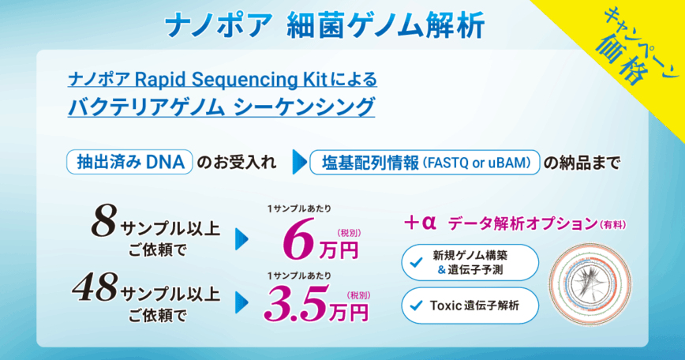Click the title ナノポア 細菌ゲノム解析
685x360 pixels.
pyautogui.click(x=325, y=26)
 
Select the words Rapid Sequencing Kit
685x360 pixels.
pyautogui.click(x=231, y=80)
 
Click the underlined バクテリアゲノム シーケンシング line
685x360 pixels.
pyautogui.click(x=222, y=107)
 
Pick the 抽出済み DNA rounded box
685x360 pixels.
pyautogui.click(x=129, y=162)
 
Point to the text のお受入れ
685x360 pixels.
pyautogui.click(x=237, y=163)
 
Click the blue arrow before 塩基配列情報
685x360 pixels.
pyautogui.click(x=300, y=163)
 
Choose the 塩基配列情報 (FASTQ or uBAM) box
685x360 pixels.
pyautogui.click(x=425, y=163)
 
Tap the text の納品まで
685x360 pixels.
pyautogui.click(x=582, y=163)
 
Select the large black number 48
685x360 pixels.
pyautogui.click(x=95, y=287)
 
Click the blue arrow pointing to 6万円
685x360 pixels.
pyautogui.click(x=241, y=239)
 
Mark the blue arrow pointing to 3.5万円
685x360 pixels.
pyautogui.click(x=241, y=303)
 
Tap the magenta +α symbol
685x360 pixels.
pyautogui.click(x=420, y=223)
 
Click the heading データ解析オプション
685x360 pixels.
pyautogui.click(x=522, y=223)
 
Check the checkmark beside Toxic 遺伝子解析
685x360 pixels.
pyautogui.click(x=417, y=305)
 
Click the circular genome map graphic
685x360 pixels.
pyautogui.click(x=590, y=284)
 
